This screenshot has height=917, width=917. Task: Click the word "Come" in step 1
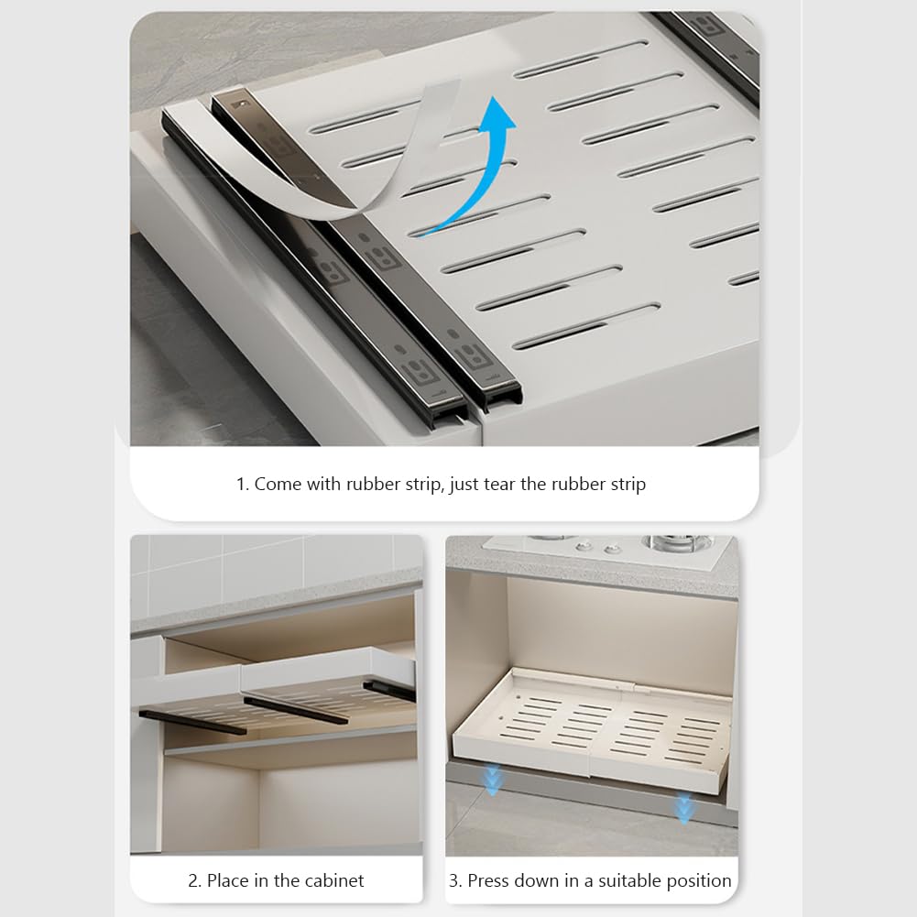tap(277, 485)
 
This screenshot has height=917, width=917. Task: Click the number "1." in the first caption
tap(243, 485)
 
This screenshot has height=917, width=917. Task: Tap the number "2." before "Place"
tap(195, 881)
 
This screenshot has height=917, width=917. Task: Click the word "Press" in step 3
tap(491, 881)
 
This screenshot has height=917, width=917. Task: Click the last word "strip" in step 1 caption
tap(624, 485)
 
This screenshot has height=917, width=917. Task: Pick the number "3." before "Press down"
tap(455, 881)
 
